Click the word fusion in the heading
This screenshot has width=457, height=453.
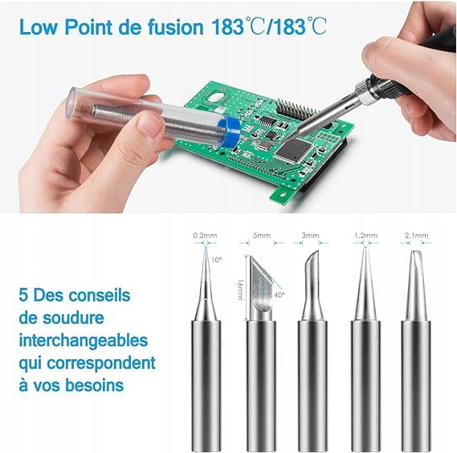click(175, 27)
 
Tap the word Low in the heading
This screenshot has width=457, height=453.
click(38, 27)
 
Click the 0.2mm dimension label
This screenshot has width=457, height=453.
click(205, 235)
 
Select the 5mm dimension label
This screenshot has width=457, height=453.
click(262, 235)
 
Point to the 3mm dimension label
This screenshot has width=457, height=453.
click(310, 235)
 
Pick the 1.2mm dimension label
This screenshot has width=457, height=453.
click(365, 235)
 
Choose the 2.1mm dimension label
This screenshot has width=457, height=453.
click(417, 235)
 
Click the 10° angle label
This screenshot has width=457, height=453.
click(217, 260)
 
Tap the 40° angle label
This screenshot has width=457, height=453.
click(279, 295)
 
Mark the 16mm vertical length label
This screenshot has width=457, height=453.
click(240, 289)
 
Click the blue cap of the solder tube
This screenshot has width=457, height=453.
click(229, 131)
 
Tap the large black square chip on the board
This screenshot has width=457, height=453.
click(294, 150)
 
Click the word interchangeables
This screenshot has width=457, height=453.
click(84, 341)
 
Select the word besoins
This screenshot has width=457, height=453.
click(94, 385)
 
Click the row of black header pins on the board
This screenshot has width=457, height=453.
click(295, 107)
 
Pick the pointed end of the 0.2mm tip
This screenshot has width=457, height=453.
click(206, 247)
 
